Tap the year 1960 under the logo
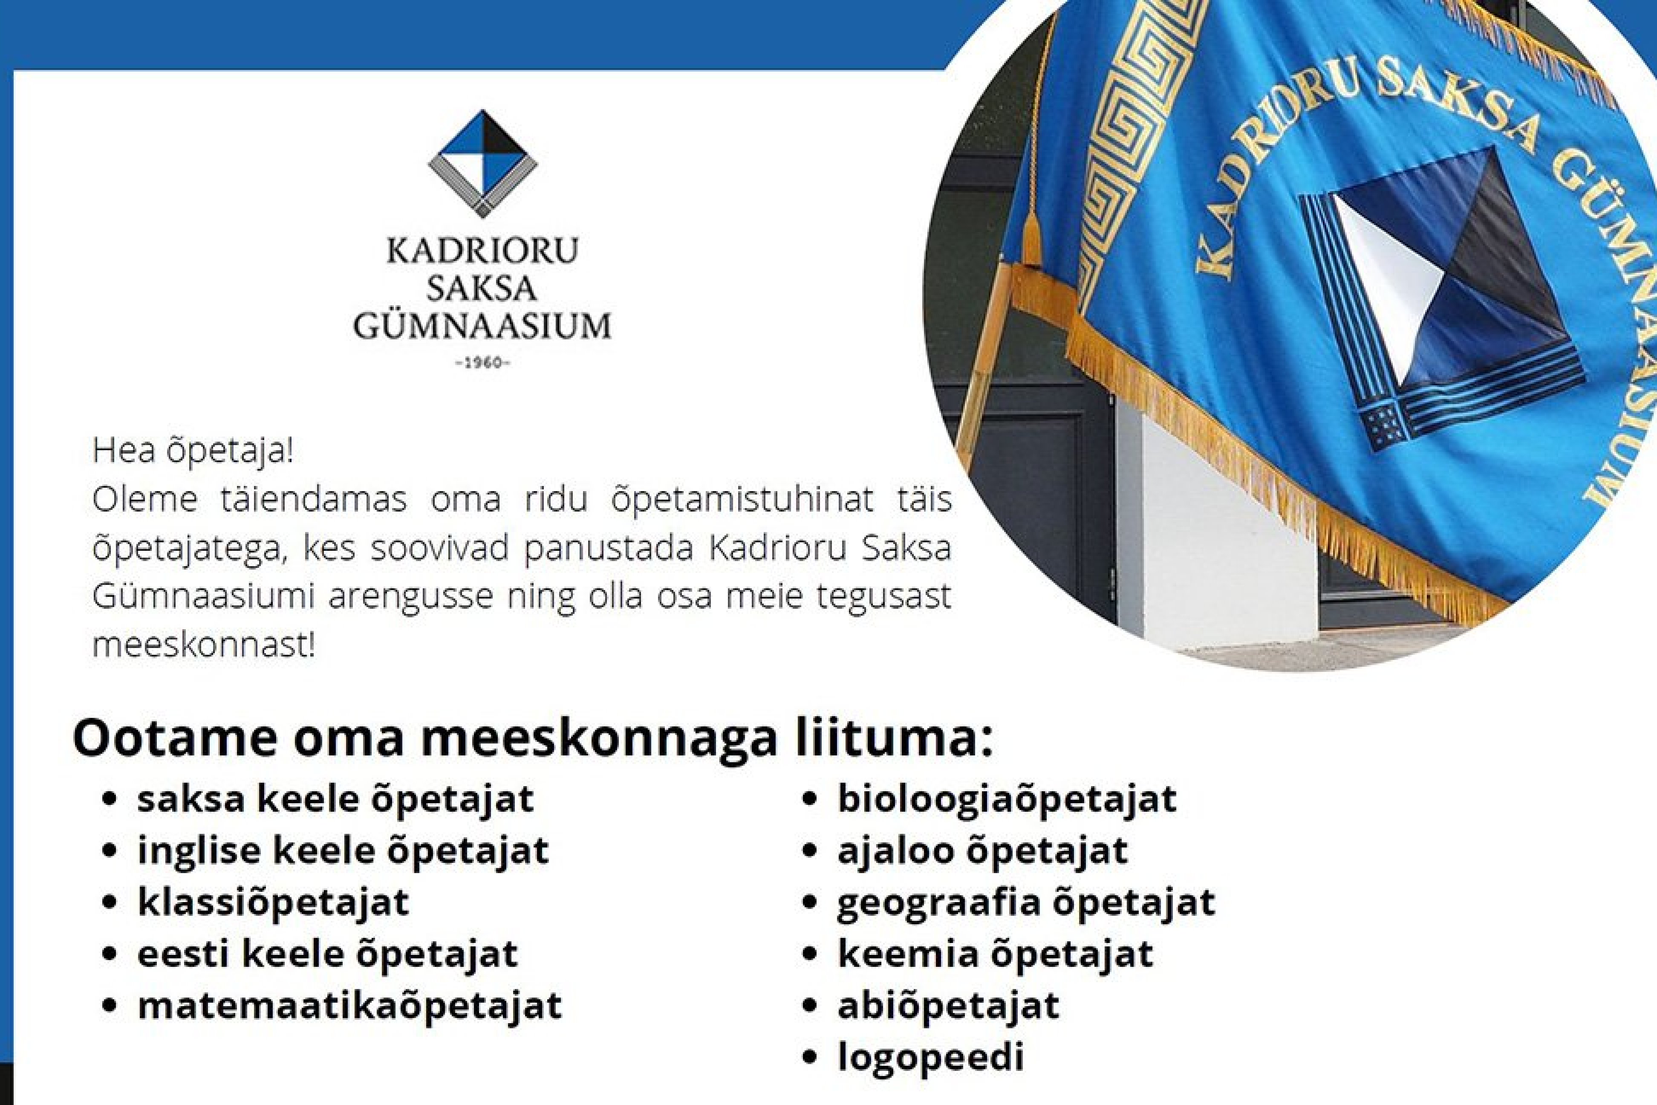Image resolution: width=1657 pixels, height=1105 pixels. click(x=482, y=364)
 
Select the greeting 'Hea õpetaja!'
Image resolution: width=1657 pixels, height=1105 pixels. click(x=192, y=452)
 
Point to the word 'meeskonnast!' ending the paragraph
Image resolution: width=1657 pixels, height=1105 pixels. click(x=204, y=645)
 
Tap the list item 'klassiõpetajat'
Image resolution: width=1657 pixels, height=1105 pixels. click(x=273, y=903)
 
